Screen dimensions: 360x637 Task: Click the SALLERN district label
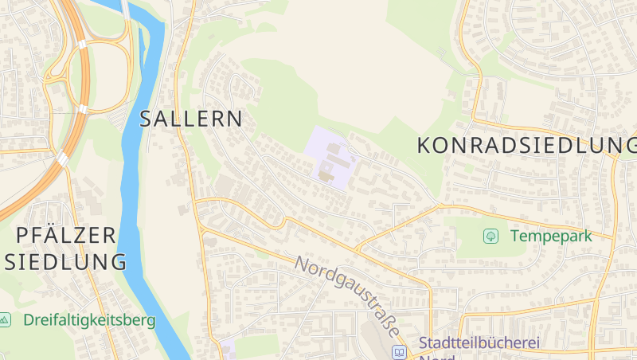point(190,119)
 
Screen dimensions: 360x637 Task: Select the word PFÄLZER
point(66,235)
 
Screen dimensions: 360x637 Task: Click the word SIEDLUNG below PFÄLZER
point(66,262)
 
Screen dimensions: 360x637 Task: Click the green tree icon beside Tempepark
point(490,236)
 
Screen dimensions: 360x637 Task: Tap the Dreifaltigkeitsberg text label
point(89,320)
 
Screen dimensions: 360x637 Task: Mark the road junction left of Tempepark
point(440,206)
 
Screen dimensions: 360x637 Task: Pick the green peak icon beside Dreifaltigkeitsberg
point(5,320)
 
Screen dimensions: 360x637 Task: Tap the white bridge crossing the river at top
point(126,10)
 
